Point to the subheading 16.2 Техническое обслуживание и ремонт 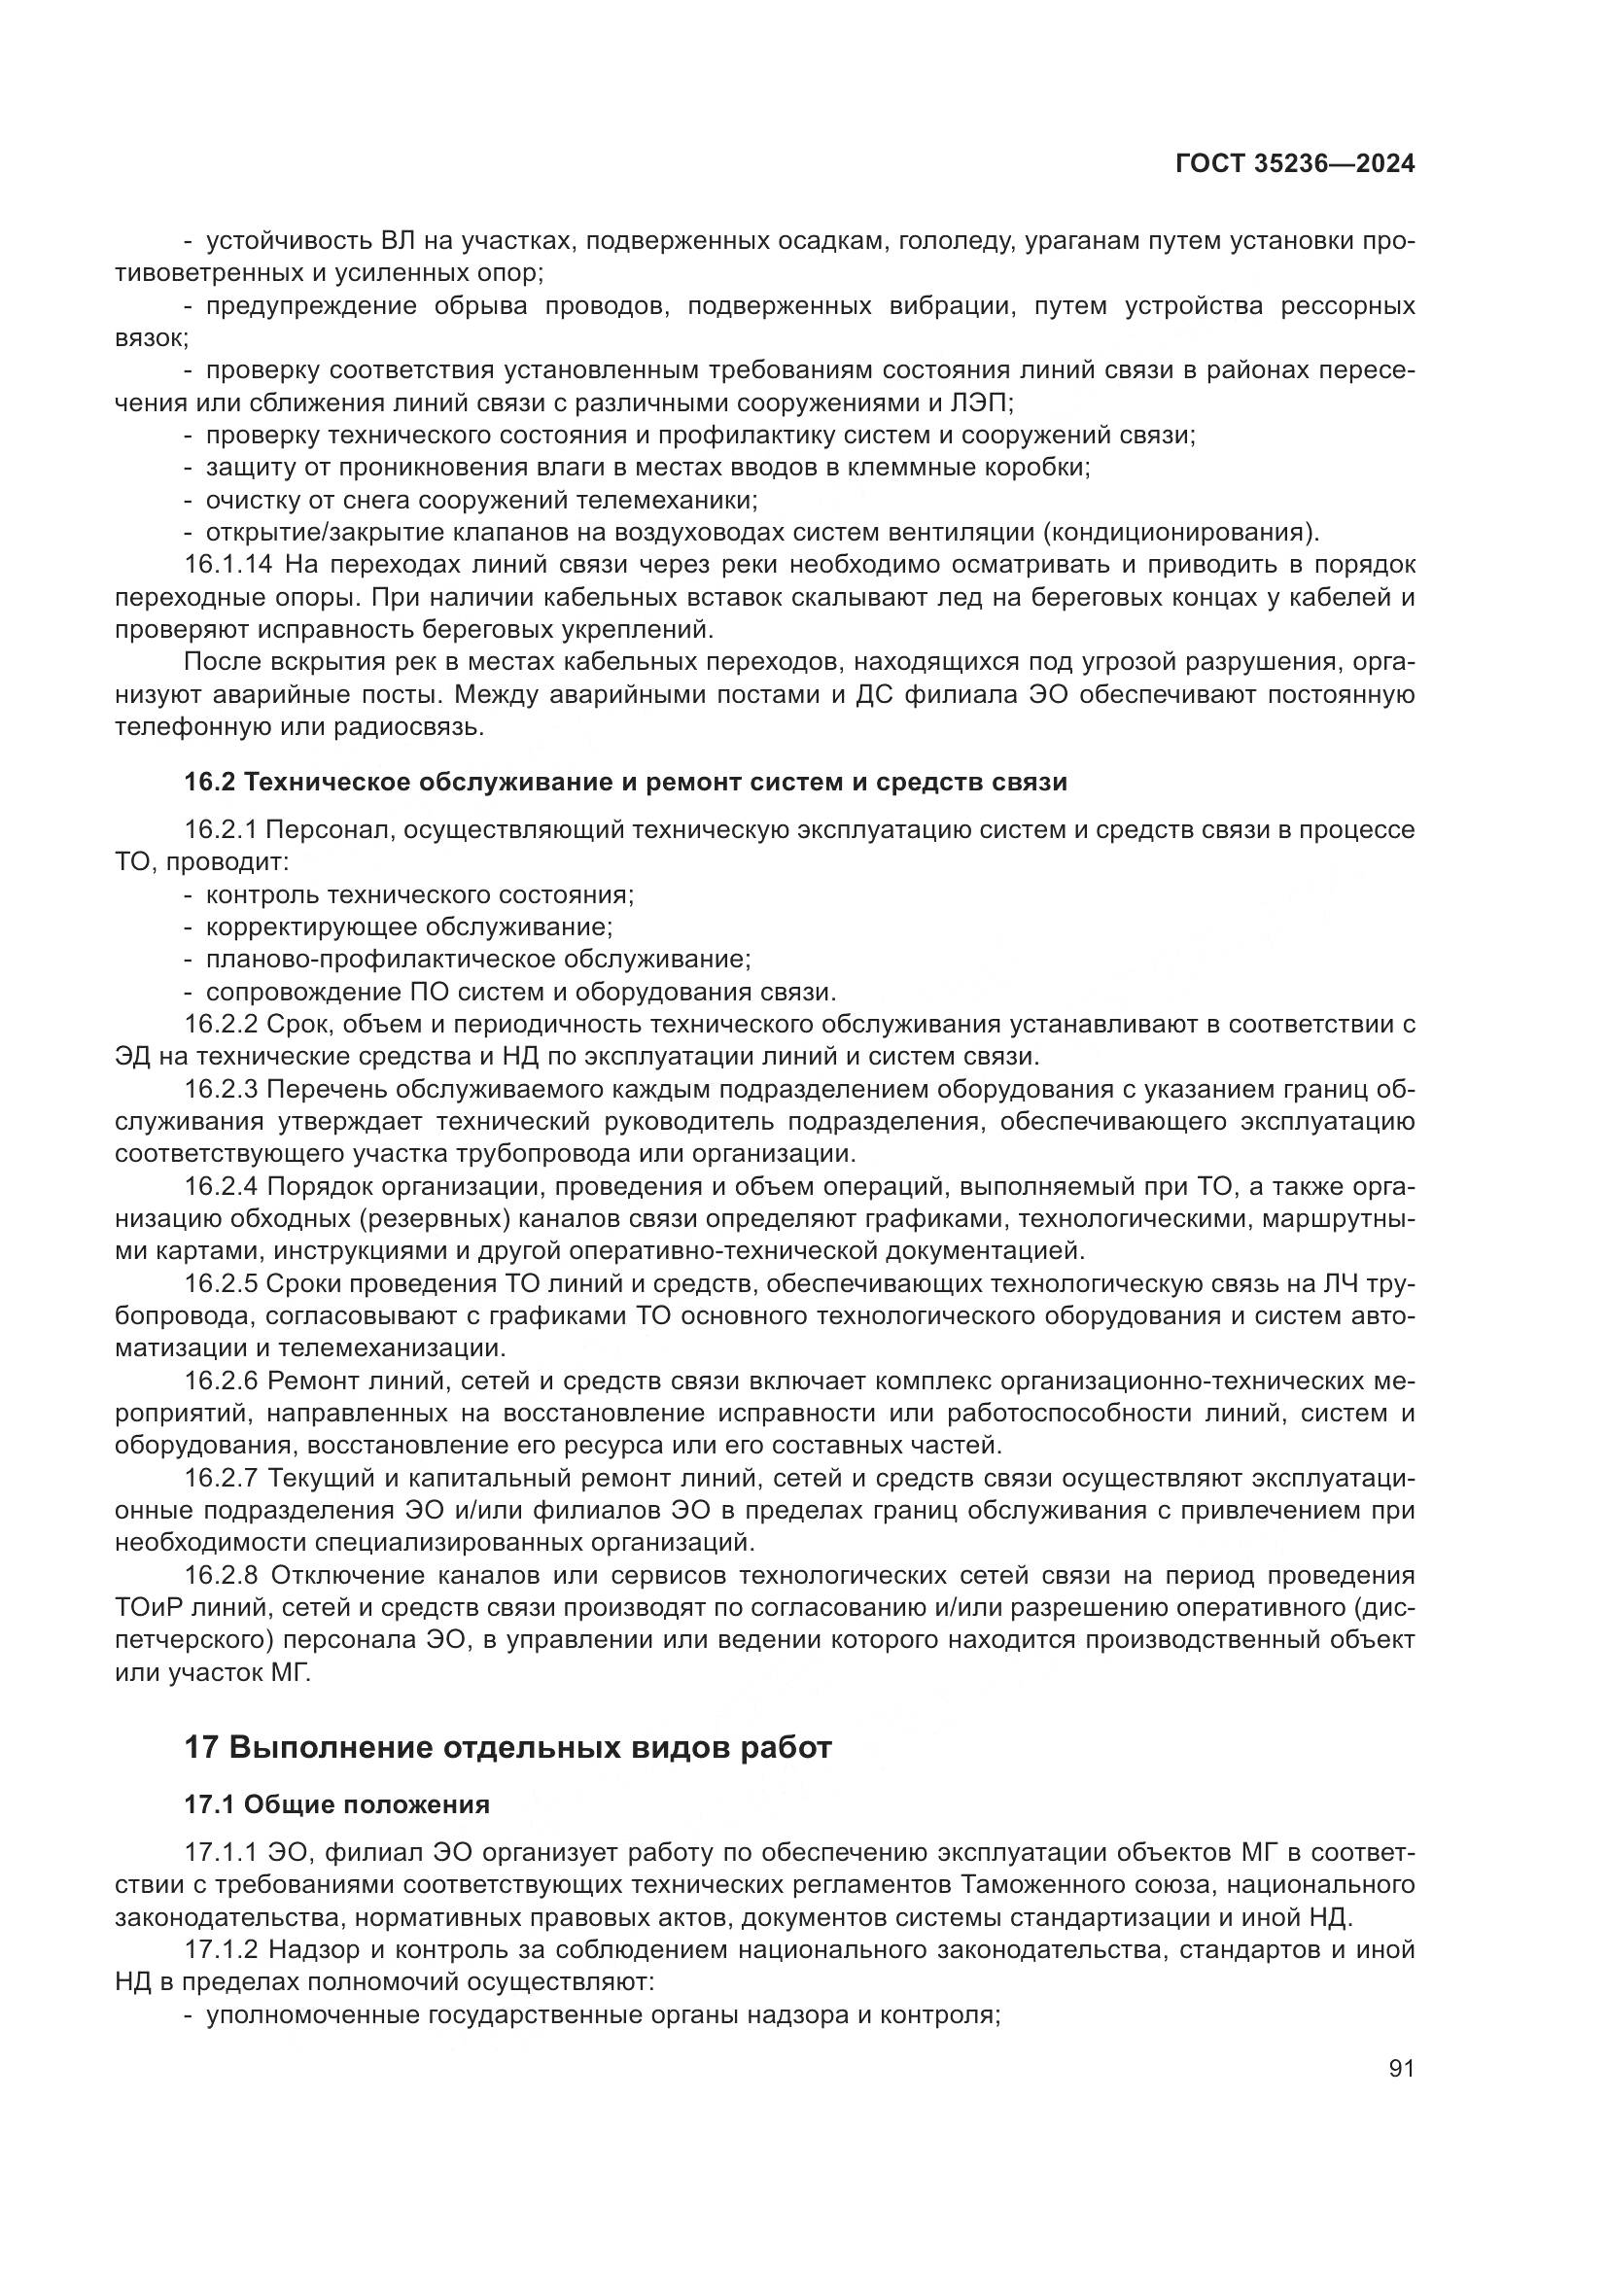626,782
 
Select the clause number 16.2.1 221,829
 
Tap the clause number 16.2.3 221,1090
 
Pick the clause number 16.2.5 221,1283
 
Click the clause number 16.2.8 222,1575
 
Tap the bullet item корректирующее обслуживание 409,927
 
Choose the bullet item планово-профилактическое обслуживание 478,959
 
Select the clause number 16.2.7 221,1478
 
